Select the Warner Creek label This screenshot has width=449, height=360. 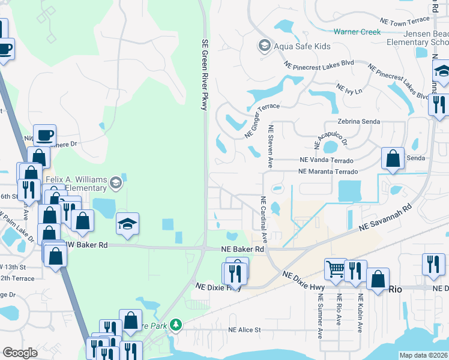[357, 32]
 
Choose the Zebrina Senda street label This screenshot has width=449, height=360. [355, 121]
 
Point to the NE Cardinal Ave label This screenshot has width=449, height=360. [263, 218]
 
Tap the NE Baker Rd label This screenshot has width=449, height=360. [243, 249]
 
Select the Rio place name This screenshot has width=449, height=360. [395, 289]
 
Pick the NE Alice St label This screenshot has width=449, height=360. [244, 330]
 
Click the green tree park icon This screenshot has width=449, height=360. [175, 325]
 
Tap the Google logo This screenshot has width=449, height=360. [20, 352]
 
